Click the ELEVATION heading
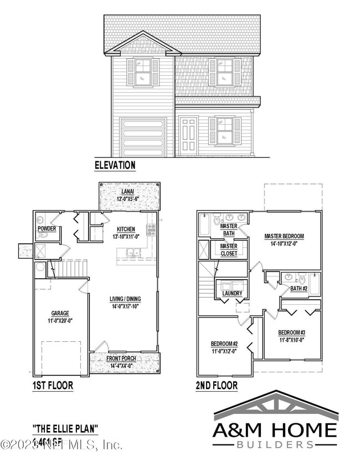pyautogui.click(x=115, y=165)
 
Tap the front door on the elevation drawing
pyautogui.click(x=188, y=137)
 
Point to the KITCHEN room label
pyautogui.click(x=126, y=229)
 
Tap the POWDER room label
pyautogui.click(x=45, y=228)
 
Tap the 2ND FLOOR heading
pyautogui.click(x=215, y=385)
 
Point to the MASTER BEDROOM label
pyautogui.click(x=284, y=236)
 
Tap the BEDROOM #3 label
pyautogui.click(x=291, y=333)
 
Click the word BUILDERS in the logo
pyautogui.click(x=274, y=444)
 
